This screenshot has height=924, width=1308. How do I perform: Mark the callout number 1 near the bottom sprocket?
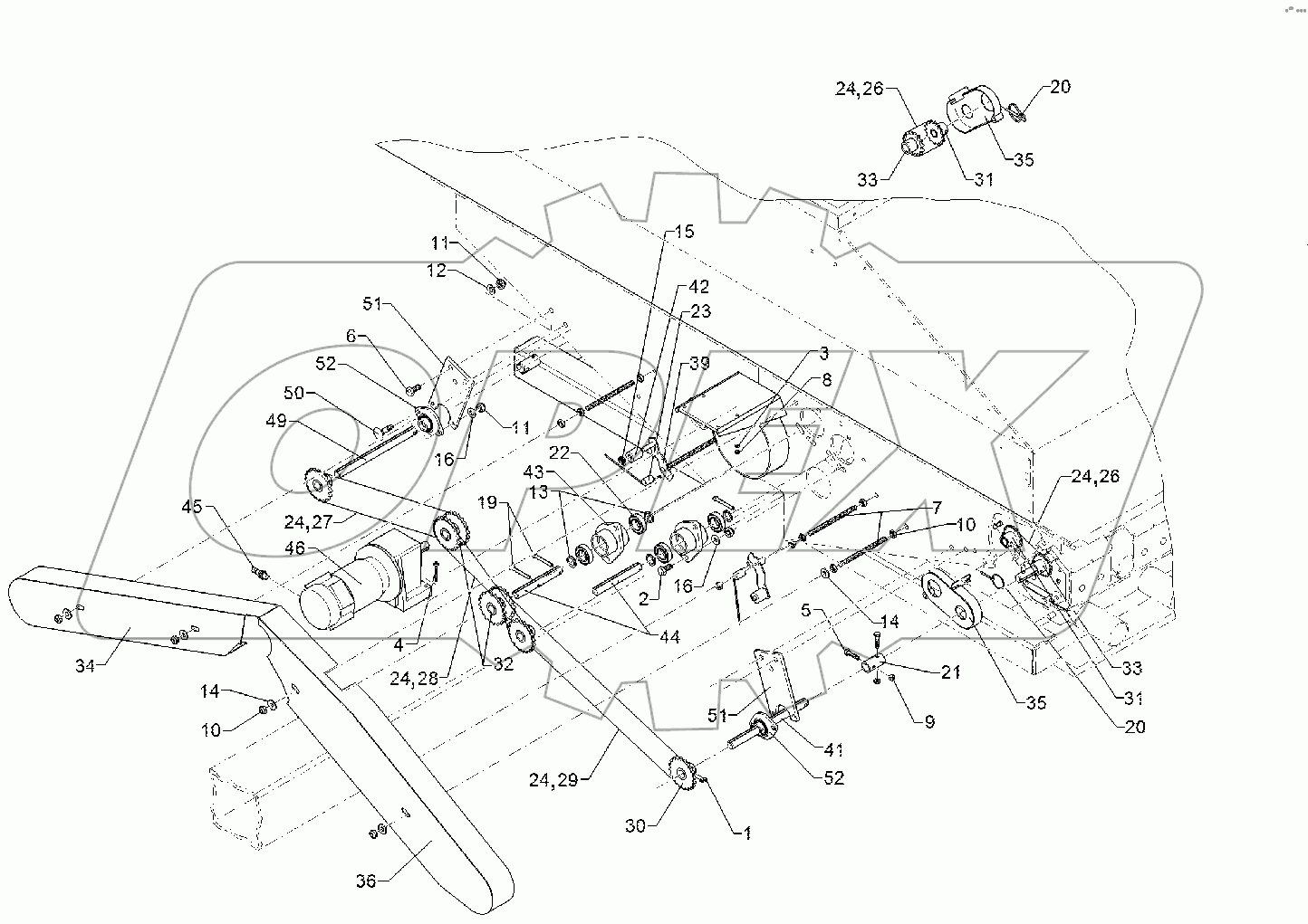pyautogui.click(x=747, y=834)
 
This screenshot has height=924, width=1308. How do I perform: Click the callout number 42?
pyautogui.click(x=698, y=287)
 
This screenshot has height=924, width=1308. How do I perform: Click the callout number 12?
pyautogui.click(x=438, y=271)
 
